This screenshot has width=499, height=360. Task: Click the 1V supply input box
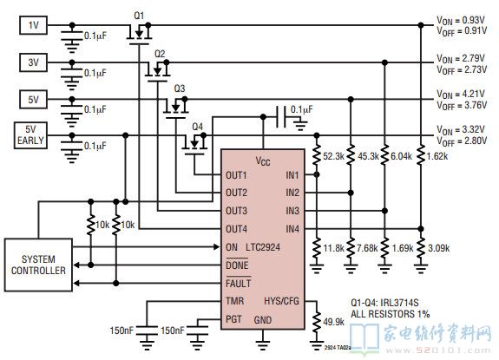tap(34, 25)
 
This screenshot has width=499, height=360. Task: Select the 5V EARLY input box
tap(30, 135)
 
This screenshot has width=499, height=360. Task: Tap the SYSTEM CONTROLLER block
tap(38, 265)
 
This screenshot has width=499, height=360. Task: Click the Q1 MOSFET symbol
tap(139, 34)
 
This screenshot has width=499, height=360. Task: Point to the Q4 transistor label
tap(197, 127)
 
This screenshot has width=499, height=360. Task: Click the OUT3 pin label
tap(236, 211)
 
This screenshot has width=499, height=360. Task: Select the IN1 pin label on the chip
tap(292, 175)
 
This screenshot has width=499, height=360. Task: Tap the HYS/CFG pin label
tap(282, 301)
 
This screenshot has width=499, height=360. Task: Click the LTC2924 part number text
tap(263, 247)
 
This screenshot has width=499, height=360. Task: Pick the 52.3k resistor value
tap(333, 156)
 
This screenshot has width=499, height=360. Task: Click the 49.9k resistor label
tap(333, 322)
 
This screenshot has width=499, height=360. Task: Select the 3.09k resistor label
tap(438, 248)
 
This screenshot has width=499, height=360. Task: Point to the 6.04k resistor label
tap(401, 156)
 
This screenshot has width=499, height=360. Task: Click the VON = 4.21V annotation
tap(461, 95)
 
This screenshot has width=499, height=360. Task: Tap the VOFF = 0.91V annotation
tap(462, 31)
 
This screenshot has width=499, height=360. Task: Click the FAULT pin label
tap(238, 283)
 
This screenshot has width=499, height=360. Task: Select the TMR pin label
tap(234, 301)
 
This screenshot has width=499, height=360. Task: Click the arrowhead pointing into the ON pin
tap(217, 246)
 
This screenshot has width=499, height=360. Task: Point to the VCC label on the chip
tap(263, 161)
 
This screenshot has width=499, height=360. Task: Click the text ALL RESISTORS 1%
tap(391, 314)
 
